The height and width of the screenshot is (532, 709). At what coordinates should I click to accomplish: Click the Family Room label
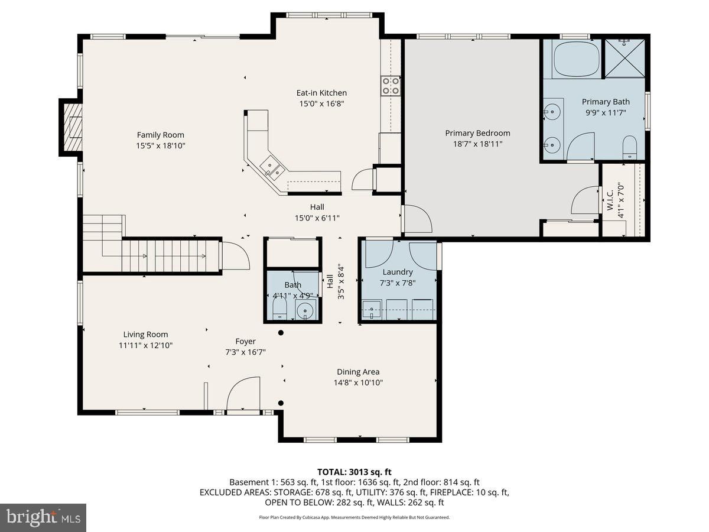(160, 135)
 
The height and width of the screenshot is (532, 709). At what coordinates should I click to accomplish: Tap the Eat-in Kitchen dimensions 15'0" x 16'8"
(321, 103)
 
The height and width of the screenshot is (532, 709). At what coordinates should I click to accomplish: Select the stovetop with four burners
(390, 86)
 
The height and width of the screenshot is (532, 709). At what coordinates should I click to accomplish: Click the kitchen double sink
(271, 168)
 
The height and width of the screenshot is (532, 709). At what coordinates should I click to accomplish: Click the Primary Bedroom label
(477, 133)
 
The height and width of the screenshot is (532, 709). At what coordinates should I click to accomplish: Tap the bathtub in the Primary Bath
(577, 59)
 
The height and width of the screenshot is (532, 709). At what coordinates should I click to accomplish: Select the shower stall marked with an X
(625, 59)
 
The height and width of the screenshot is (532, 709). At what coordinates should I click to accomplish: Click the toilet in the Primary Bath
(629, 147)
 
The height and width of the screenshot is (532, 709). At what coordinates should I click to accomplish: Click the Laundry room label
(397, 272)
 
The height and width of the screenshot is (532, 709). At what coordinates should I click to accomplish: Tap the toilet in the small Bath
(279, 308)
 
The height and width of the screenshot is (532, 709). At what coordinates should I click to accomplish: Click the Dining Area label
(358, 372)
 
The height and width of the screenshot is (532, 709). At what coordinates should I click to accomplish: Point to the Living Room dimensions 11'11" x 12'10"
(146, 345)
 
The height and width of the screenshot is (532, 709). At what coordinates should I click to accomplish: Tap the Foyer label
(245, 341)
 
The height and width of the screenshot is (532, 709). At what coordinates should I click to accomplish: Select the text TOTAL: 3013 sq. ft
(354, 472)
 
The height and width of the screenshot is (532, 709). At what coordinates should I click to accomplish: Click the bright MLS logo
(43, 518)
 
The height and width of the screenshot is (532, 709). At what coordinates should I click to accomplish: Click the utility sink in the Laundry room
(372, 309)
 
